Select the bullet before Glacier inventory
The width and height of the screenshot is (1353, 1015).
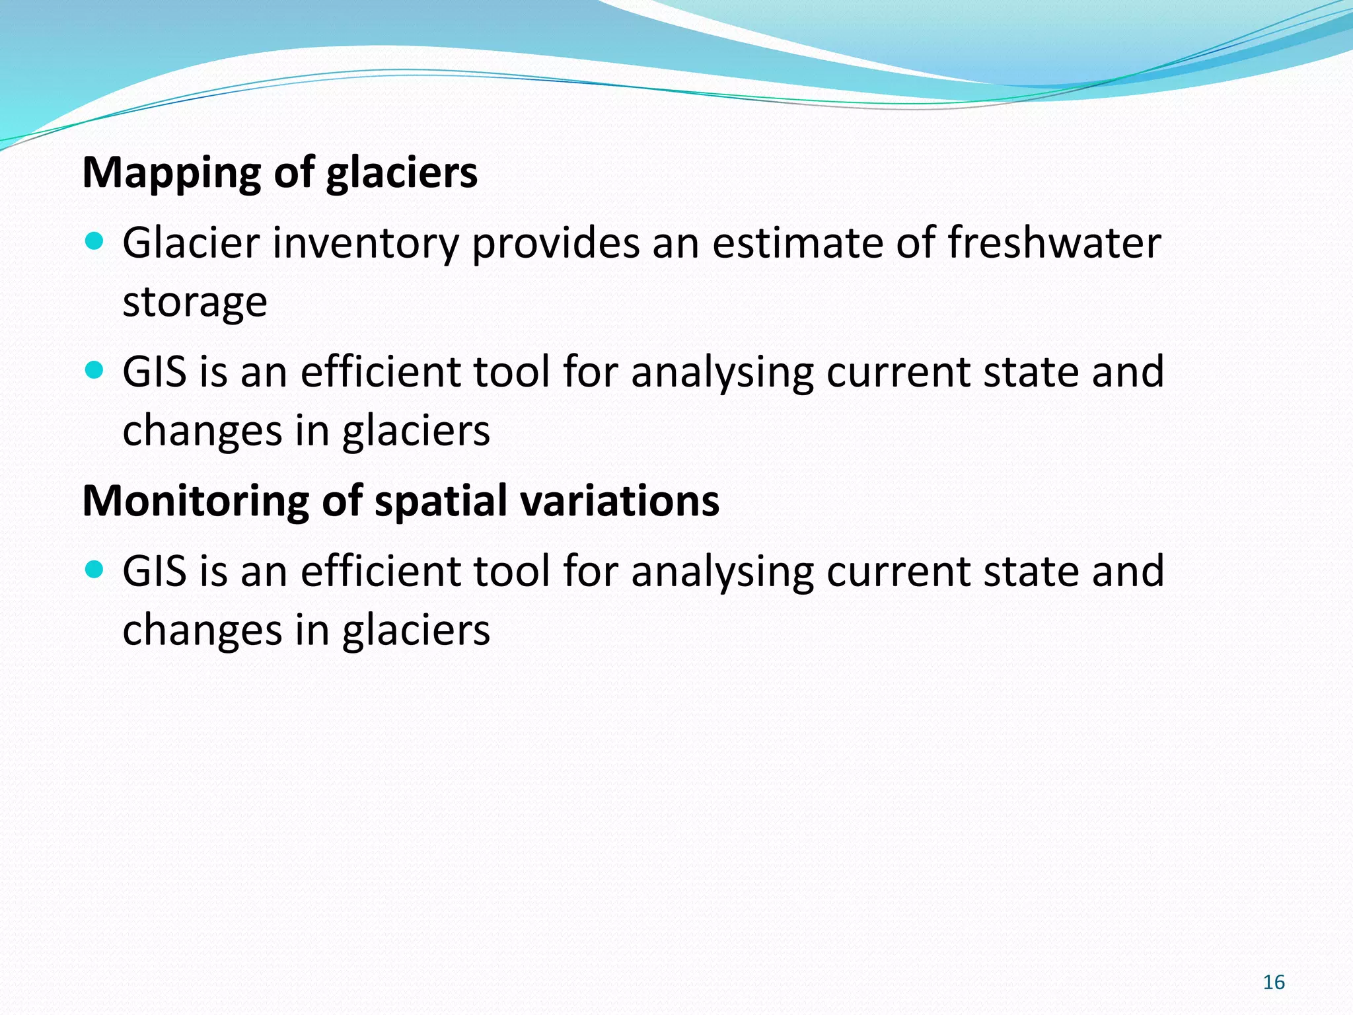[95, 241]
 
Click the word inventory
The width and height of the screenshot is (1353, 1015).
[365, 244]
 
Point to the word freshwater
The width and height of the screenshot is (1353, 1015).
[1054, 243]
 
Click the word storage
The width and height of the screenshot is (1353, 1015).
[195, 303]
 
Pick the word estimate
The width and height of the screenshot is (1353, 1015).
[797, 243]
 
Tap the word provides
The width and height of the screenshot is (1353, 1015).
[556, 244]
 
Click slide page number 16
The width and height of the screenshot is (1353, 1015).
[1273, 983]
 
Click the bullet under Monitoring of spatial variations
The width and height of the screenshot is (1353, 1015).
[95, 569]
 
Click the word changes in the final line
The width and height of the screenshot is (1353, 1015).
[202, 631]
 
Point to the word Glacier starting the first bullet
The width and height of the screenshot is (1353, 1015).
[192, 243]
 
